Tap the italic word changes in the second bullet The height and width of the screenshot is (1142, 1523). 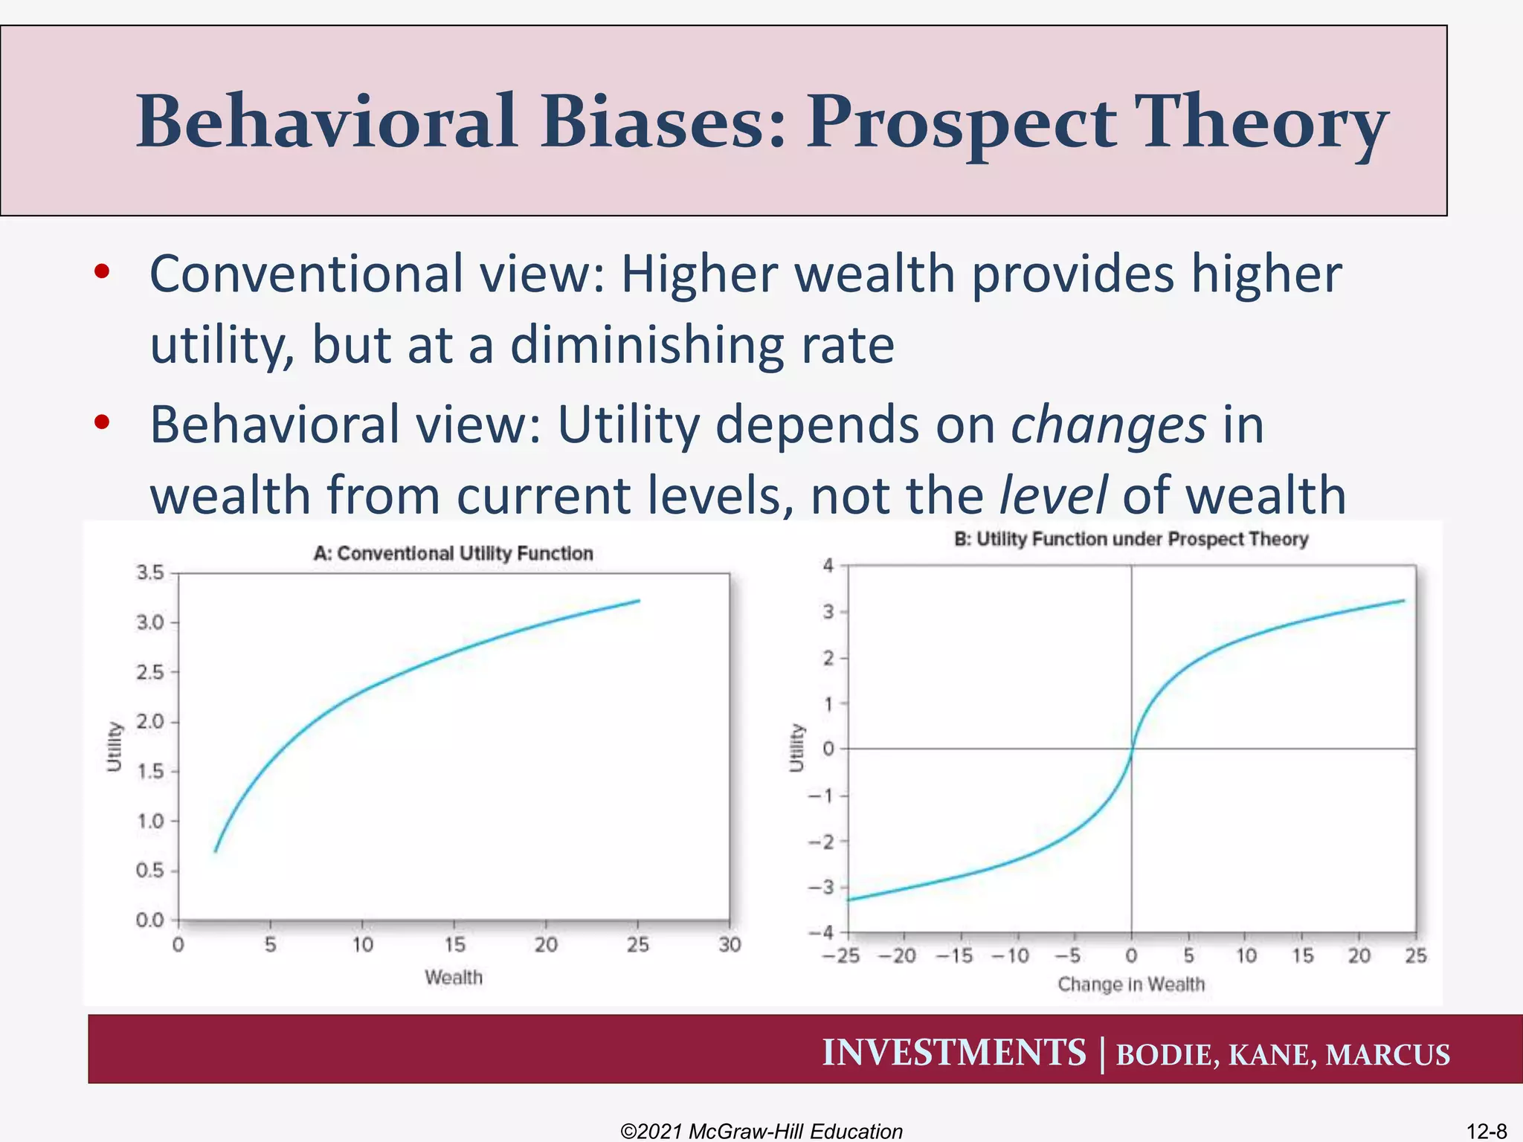1107,425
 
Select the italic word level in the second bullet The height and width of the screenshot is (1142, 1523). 1053,496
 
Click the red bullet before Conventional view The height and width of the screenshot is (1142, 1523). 102,273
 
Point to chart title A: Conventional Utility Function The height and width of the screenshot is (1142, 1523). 453,554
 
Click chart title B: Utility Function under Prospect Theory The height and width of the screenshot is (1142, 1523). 1130,539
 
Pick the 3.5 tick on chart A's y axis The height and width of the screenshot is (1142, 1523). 149,572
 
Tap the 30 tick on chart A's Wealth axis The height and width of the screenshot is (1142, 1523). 730,945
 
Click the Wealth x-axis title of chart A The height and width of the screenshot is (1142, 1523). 453,977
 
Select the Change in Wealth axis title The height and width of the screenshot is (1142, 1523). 1130,984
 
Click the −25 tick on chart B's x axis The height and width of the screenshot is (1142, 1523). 840,956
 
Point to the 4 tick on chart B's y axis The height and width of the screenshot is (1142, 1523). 828,566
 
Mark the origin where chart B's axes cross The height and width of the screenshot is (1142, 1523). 1132,749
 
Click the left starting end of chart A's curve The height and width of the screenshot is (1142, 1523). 216,851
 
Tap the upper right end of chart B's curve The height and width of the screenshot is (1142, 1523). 1403,601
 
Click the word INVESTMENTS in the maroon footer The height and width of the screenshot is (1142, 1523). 954,1053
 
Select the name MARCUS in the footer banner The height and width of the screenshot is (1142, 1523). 1388,1055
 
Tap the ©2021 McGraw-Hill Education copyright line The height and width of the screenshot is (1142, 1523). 761,1131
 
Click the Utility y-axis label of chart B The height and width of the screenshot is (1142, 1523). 796,748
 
